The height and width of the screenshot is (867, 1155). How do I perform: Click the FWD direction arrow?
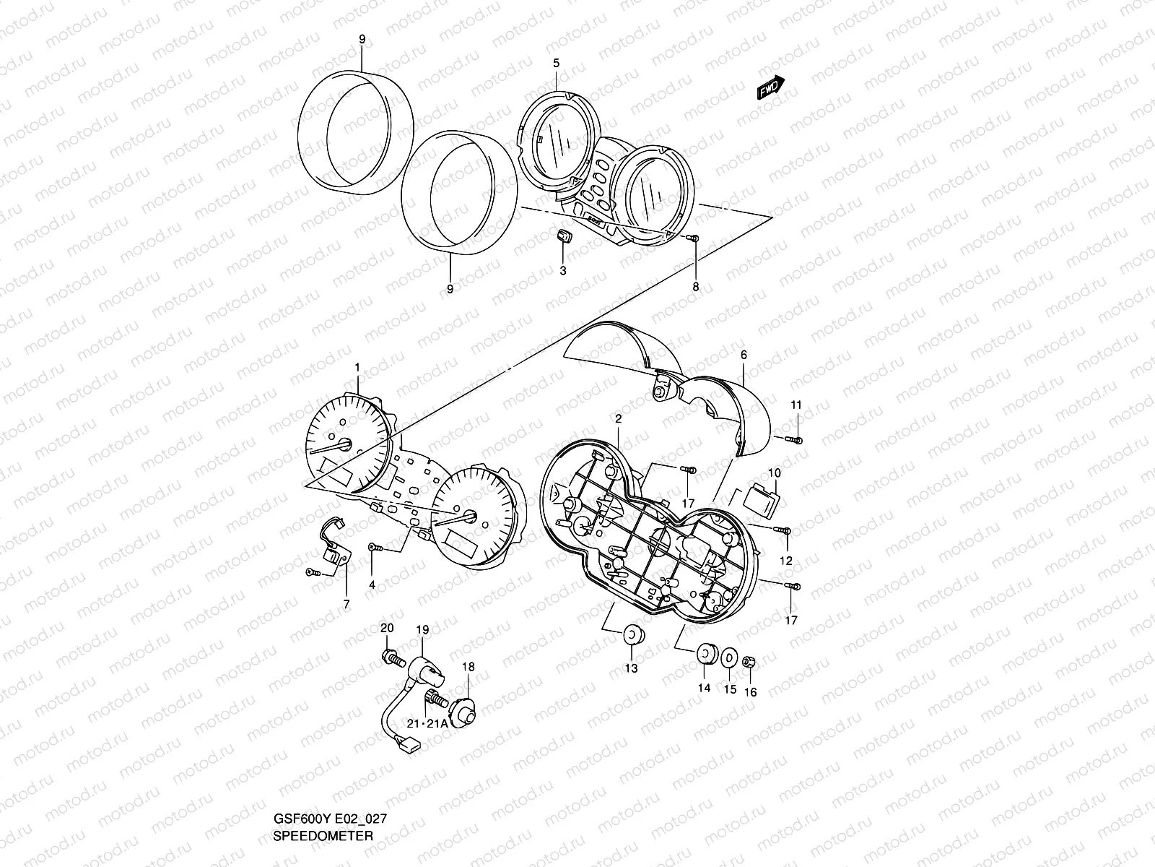(770, 87)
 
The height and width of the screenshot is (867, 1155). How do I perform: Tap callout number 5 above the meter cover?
(556, 64)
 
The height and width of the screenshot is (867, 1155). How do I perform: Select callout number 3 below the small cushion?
(563, 270)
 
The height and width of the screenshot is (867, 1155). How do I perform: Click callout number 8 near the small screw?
(696, 287)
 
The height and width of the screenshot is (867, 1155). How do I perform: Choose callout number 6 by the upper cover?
(744, 354)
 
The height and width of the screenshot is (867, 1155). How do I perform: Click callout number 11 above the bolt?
(796, 405)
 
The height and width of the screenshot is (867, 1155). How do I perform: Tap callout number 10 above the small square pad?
(774, 473)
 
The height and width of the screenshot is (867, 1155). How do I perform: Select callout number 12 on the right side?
(785, 561)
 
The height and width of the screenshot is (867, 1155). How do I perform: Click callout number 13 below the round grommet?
(631, 668)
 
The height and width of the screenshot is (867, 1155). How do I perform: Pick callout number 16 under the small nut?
(750, 691)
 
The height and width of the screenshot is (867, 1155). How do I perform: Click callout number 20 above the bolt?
(387, 628)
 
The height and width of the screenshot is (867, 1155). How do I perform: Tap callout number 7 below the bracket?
(346, 604)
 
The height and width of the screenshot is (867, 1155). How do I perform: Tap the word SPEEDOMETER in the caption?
(323, 836)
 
